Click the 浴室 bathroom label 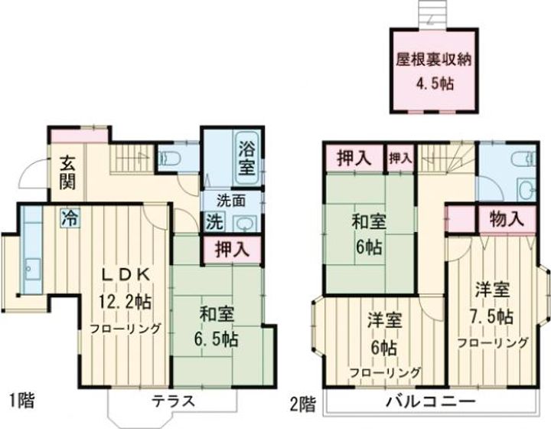click(246, 158)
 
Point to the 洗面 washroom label click(230, 203)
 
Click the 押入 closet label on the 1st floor click(230, 249)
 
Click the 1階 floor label click(21, 399)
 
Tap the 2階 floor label click(302, 401)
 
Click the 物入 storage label click(507, 218)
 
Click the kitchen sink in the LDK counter click(32, 267)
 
